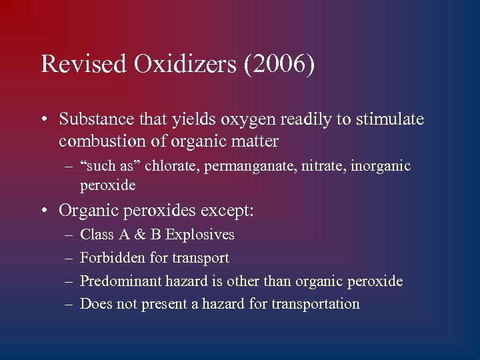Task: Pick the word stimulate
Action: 389,119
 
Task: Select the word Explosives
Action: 200,235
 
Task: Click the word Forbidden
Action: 109,258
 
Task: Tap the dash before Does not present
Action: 69,305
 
